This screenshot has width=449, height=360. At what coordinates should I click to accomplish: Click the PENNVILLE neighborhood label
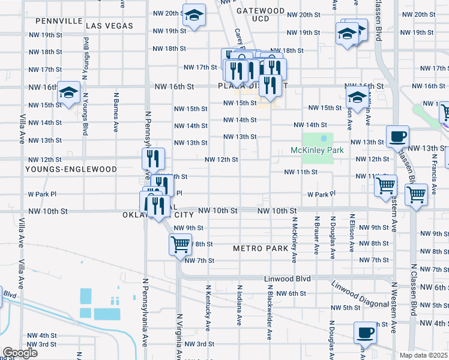click(59, 20)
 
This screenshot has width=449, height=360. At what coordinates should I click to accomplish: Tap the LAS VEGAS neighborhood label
click(110, 26)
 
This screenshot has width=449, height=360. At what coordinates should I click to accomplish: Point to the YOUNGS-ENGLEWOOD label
click(71, 169)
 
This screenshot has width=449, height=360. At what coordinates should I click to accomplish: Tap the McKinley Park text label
click(318, 150)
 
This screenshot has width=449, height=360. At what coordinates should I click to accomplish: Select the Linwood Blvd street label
click(288, 279)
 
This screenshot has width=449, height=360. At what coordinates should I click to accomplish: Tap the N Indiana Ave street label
click(240, 304)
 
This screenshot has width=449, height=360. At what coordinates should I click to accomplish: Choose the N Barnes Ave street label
click(115, 112)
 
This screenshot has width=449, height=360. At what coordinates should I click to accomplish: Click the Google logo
click(20, 353)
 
